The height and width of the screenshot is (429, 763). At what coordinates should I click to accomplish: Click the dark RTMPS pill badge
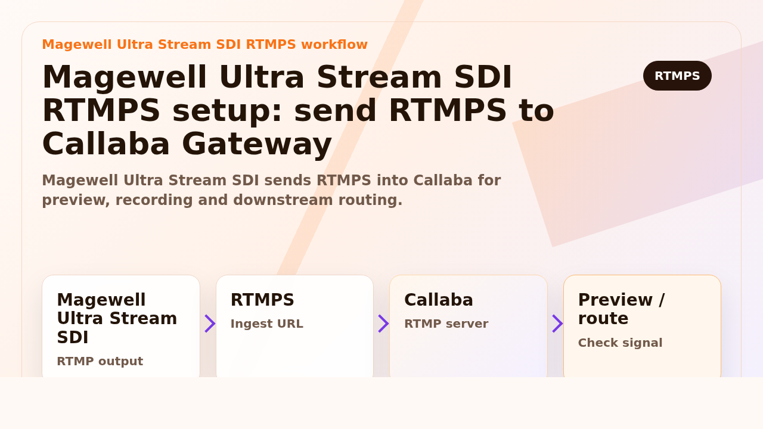(x=677, y=76)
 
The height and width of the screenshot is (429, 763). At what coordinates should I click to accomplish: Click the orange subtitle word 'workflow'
(x=334, y=45)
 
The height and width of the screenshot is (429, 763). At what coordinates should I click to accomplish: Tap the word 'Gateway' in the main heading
(x=257, y=144)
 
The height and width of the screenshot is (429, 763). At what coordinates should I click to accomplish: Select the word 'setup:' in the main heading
(x=228, y=110)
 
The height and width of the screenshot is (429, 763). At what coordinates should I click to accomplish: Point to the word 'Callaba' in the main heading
(x=106, y=144)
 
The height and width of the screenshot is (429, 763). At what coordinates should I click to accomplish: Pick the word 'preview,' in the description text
(x=76, y=200)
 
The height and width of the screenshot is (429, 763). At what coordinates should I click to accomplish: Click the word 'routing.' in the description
(x=370, y=200)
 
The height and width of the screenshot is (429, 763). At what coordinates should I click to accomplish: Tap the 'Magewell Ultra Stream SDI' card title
(x=117, y=319)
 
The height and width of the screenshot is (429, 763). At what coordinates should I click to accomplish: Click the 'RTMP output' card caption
(x=100, y=361)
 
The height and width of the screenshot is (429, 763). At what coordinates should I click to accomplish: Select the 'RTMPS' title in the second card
(x=262, y=300)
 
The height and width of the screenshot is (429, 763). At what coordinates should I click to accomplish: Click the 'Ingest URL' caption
(x=266, y=324)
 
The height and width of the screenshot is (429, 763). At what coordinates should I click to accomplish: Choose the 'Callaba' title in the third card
(x=438, y=300)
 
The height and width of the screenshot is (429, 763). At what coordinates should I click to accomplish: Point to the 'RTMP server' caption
(x=446, y=324)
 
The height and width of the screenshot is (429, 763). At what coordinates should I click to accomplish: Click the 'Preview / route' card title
(x=621, y=309)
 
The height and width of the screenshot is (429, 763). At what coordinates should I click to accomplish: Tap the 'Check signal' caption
(x=620, y=343)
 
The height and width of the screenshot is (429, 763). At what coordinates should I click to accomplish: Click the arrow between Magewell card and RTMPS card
(x=210, y=324)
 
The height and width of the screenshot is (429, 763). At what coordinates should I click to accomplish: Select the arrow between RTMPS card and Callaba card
(x=383, y=324)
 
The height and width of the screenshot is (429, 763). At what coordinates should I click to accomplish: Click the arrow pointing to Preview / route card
(x=557, y=324)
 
